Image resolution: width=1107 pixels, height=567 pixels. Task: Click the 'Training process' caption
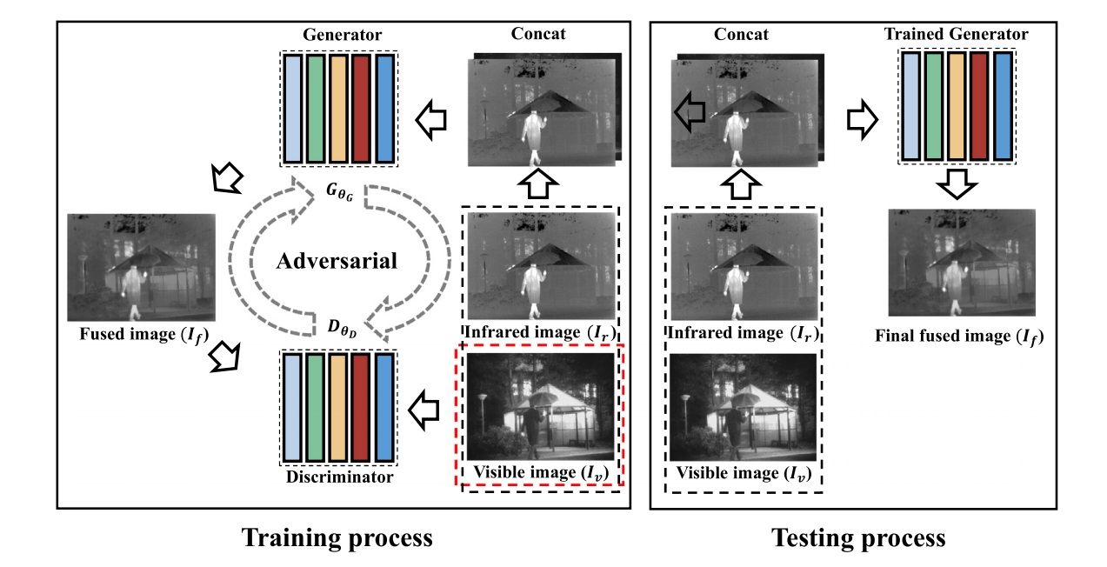point(337,537)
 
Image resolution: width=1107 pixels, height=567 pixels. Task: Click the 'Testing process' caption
point(858,537)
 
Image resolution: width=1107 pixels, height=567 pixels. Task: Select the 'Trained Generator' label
point(956,35)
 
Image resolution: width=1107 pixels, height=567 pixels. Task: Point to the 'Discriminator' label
point(339,477)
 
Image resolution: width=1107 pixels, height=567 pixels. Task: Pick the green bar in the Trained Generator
point(933,106)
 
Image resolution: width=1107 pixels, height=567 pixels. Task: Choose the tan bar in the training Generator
point(339,109)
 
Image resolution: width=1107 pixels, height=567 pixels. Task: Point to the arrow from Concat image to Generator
point(434,119)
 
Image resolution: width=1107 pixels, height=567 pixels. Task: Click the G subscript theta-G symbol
point(338,192)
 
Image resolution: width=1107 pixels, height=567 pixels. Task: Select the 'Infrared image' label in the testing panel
point(744,333)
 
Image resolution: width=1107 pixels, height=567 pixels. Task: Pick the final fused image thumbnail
point(961,263)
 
